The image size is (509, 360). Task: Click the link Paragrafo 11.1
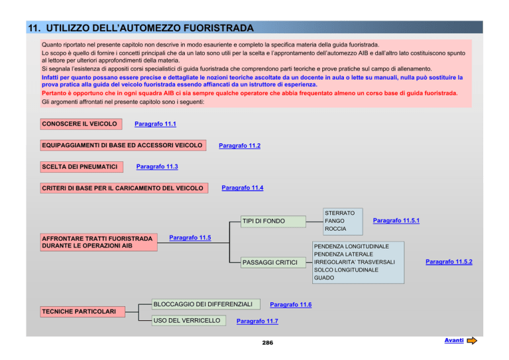[x=155, y=124]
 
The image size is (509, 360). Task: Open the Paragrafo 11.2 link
[x=239, y=146]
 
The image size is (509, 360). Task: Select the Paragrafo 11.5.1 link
[x=396, y=221]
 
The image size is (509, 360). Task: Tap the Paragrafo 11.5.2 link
[x=449, y=262]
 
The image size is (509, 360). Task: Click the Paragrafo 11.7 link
[x=257, y=322]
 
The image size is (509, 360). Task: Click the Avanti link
[x=454, y=340]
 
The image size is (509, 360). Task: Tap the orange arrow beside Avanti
[x=472, y=341]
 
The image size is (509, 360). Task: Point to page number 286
[x=268, y=343]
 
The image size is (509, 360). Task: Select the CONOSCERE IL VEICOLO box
[x=81, y=124]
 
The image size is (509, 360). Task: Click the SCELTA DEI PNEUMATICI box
[x=82, y=167]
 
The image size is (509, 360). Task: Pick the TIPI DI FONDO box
[x=273, y=221]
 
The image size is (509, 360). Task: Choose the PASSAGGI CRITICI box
[x=273, y=263]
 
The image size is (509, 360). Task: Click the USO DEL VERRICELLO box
[x=189, y=321]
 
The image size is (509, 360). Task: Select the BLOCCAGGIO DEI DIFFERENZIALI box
[x=206, y=304]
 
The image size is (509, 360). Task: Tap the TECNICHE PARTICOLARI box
[x=82, y=312]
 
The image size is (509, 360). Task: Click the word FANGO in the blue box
[x=334, y=221]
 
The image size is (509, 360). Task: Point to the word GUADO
[x=324, y=278]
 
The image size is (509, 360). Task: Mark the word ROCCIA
[x=335, y=229]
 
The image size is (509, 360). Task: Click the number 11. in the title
[x=34, y=28]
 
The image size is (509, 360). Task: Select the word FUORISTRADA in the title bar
[x=219, y=28]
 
